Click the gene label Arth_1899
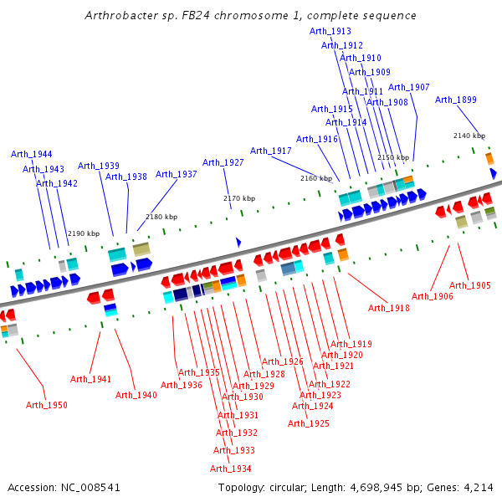pos(456,100)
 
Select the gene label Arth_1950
pos(46,405)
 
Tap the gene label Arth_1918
pos(389,309)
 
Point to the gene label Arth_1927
pos(223,162)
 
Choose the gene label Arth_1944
pos(32,154)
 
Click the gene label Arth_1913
pos(330,31)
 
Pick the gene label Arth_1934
pos(231,469)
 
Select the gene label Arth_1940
pos(136,395)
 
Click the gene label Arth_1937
pos(177,174)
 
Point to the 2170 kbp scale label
pos(238,198)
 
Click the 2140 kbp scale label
pos(469,136)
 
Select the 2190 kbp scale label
pos(84,233)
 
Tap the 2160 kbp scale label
pos(316,178)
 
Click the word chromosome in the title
pos(228,16)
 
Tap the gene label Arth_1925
pos(309,423)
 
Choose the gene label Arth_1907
pos(409,87)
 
